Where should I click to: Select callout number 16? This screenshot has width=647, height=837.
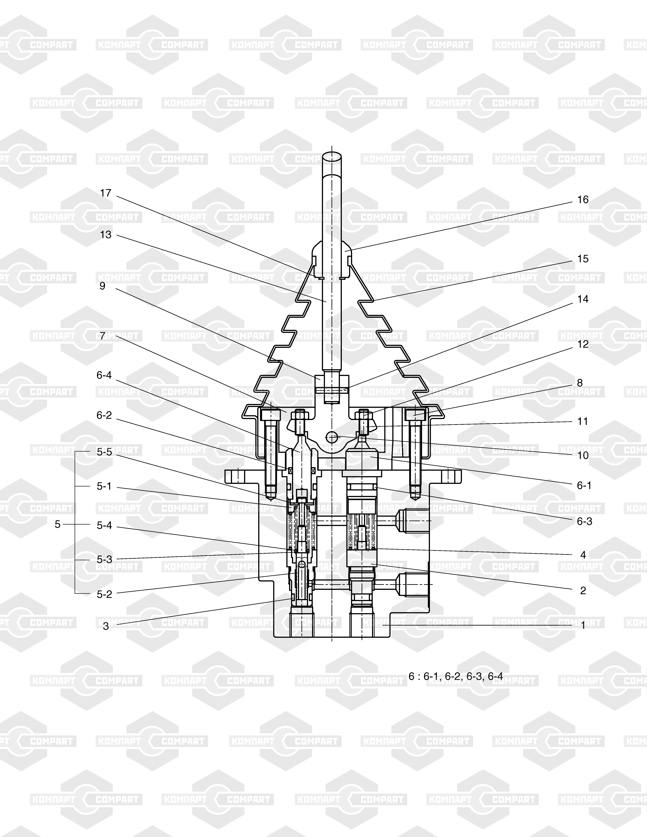[x=583, y=200]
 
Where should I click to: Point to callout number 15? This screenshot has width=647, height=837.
[x=583, y=259]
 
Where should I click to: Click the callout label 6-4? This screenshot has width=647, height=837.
[x=104, y=375]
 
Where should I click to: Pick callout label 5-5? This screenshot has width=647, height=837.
[x=104, y=452]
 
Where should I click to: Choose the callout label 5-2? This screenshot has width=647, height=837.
[x=104, y=594]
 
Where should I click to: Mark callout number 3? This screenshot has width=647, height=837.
[x=106, y=626]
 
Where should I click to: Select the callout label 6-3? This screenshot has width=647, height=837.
[x=584, y=521]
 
